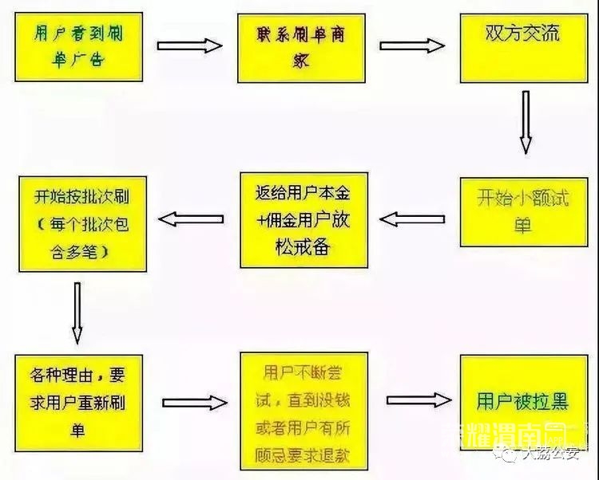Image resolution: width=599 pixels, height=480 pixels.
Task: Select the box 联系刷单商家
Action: point(301,48)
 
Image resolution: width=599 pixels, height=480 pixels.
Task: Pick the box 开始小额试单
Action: point(522,210)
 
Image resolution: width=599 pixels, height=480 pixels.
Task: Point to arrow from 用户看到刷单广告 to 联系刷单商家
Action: point(189,45)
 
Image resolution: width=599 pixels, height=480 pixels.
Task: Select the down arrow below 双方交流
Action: point(525,121)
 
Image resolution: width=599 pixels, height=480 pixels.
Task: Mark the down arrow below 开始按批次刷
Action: point(77,312)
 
